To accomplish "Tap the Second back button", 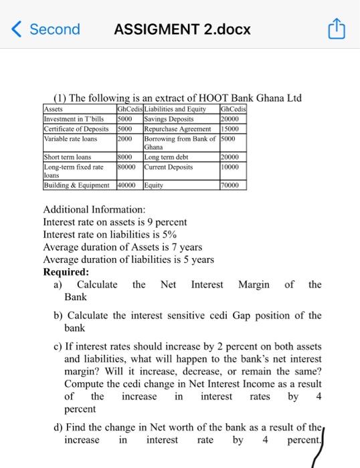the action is [47, 29].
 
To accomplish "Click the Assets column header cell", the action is [53, 108].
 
